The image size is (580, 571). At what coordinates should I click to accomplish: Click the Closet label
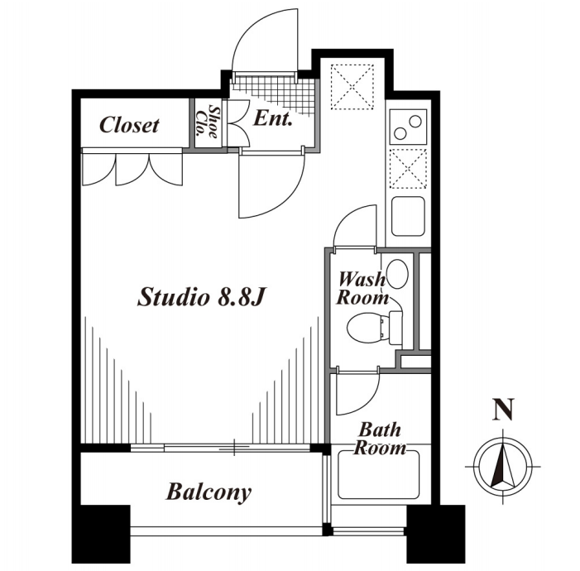pyautogui.click(x=129, y=125)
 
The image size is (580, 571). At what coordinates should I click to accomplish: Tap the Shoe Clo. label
pyautogui.click(x=207, y=122)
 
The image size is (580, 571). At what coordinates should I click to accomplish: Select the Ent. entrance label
pyautogui.click(x=273, y=118)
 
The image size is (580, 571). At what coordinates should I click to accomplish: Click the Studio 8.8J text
pyautogui.click(x=202, y=297)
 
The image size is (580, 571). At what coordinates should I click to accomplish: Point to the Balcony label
pyautogui.click(x=209, y=492)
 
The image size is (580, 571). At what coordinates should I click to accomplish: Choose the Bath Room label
pyautogui.click(x=380, y=439)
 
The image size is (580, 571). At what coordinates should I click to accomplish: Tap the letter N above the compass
pyautogui.click(x=503, y=410)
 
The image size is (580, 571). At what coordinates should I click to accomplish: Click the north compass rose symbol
pyautogui.click(x=503, y=467)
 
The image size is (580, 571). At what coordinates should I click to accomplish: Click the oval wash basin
pyautogui.click(x=397, y=274)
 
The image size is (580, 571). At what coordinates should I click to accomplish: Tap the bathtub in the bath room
pyautogui.click(x=379, y=474)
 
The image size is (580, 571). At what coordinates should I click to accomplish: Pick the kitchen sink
pyautogui.click(x=408, y=216)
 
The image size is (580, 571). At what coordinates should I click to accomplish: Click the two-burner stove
pyautogui.click(x=408, y=127)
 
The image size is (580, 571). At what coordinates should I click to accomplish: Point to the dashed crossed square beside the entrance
pyautogui.click(x=352, y=87)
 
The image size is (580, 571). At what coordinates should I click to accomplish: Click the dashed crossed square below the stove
pyautogui.click(x=408, y=169)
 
